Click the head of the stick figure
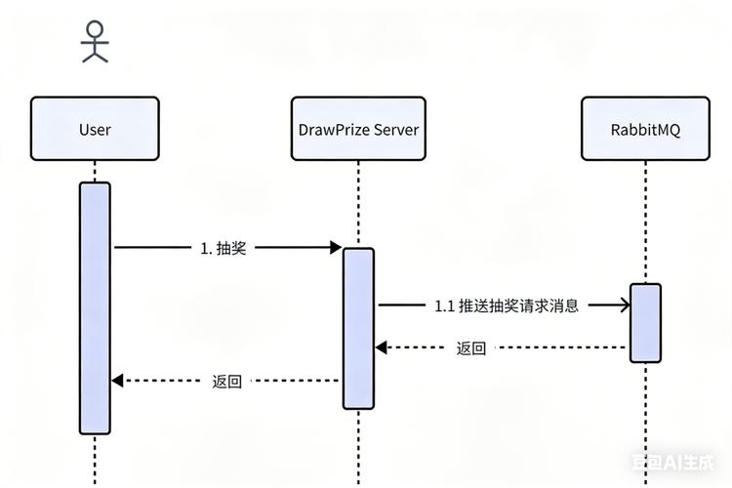tap(95, 29)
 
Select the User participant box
tap(95, 128)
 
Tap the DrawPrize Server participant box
tap(358, 128)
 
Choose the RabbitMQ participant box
tap(645, 128)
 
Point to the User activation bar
tap(95, 307)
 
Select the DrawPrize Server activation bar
tap(358, 328)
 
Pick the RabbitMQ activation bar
tap(645, 323)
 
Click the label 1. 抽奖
tap(223, 248)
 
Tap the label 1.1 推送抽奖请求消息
tap(507, 305)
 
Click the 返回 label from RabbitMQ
tap(471, 347)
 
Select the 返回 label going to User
tap(226, 381)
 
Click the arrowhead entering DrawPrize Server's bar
tap(334, 248)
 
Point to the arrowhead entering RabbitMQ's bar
tap(623, 305)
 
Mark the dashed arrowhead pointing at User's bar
tap(118, 381)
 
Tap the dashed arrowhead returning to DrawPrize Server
tap(383, 347)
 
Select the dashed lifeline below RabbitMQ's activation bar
tap(645, 420)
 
